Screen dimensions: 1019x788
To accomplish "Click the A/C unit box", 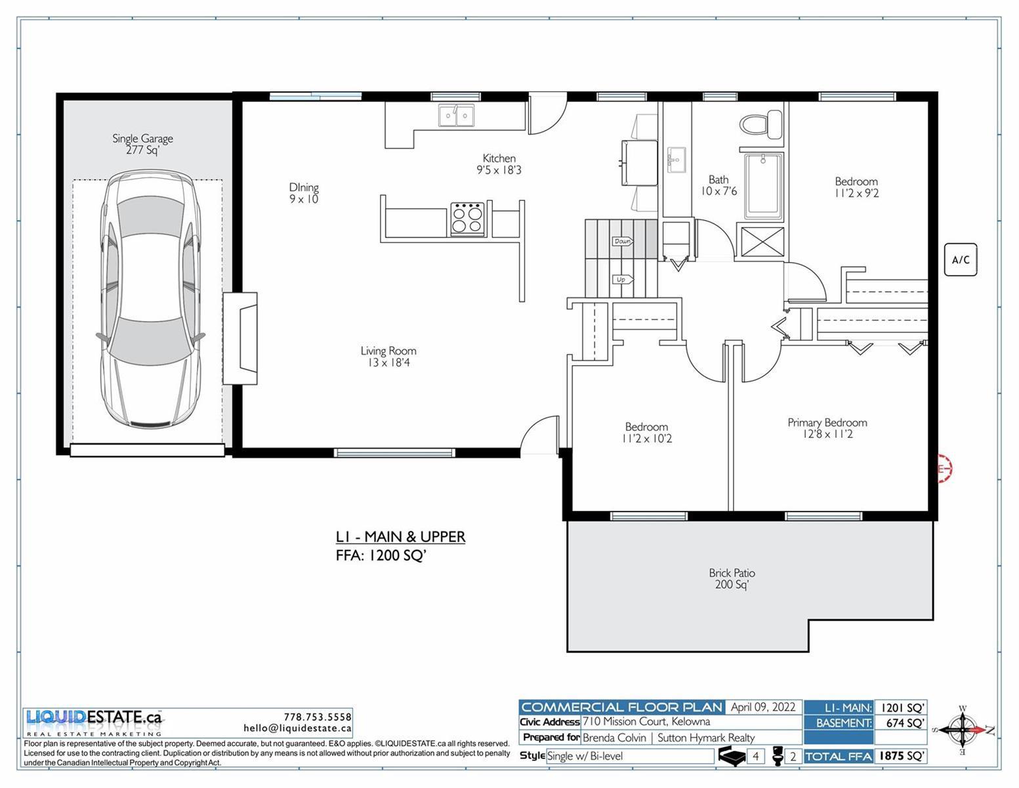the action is coord(961,259).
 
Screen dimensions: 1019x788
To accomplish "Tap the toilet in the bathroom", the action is coord(761,125).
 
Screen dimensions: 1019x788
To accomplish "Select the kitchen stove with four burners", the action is coord(467,219).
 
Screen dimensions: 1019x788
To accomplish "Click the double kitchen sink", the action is coord(456,116).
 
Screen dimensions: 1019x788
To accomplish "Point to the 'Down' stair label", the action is coord(623,241).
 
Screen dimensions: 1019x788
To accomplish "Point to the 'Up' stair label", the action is coord(622,280).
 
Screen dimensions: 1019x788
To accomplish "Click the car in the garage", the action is coord(150,299).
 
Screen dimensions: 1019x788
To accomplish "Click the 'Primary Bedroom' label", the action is coord(827,422).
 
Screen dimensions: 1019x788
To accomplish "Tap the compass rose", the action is coord(963,730).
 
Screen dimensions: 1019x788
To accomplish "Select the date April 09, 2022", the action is coord(763,707).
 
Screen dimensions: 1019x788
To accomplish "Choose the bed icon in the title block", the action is coord(733,756).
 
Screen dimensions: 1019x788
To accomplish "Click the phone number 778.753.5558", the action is coord(318,717).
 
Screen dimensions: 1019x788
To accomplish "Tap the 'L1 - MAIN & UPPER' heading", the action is coord(400,537).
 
